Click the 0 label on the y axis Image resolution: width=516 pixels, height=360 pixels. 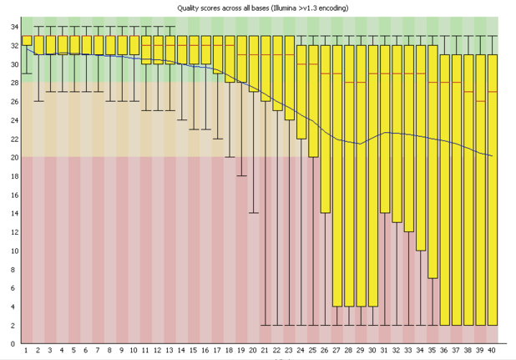coord(15,343)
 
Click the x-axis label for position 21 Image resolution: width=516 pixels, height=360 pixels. coord(266,352)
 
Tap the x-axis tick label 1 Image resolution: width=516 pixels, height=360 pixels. coord(27,352)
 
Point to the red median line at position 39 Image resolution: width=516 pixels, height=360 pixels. coord(480,101)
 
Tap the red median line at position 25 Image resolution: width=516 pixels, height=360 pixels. coord(313,64)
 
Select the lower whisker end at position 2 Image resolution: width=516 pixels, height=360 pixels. coord(38,101)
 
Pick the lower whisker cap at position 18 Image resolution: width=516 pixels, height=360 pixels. coord(230,157)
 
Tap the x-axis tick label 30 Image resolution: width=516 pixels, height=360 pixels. coord(373,352)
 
